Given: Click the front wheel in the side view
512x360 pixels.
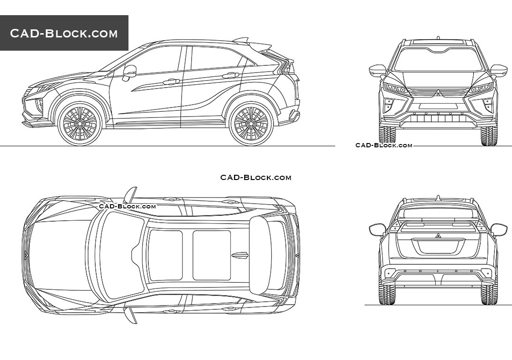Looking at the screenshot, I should coord(80,123).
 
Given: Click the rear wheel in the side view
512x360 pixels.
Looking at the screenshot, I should coord(251,123).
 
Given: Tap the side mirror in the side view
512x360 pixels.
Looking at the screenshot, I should coord(129,72).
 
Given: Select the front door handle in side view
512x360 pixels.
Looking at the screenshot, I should coord(171,82).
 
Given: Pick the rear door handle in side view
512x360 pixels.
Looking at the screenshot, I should coord(230,75).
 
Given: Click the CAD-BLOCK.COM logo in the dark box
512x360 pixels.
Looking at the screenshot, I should coord(64,33).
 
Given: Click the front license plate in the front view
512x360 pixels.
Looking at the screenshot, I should coord(438,107).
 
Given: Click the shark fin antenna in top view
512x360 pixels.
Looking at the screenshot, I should coord(240,255).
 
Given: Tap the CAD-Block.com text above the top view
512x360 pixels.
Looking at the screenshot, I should coord(256,178).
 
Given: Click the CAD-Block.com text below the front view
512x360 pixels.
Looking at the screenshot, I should coord(384,145).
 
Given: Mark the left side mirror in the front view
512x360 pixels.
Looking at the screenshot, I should coord(378,71).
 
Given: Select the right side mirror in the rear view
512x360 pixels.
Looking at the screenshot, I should coord(499,230).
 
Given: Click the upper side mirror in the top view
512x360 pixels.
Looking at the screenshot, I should coord(130,194).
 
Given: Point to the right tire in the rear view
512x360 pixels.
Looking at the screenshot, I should coord(489,294).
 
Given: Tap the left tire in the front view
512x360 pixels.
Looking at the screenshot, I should coord(387,135).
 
